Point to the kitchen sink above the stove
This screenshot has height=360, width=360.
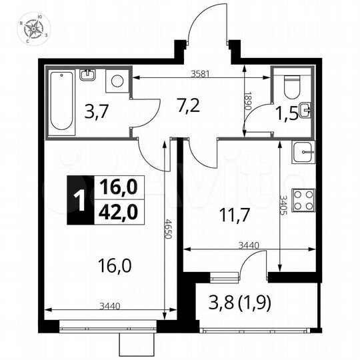305,151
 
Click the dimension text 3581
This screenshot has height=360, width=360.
200,74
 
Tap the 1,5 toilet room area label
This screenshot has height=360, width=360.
287,114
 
